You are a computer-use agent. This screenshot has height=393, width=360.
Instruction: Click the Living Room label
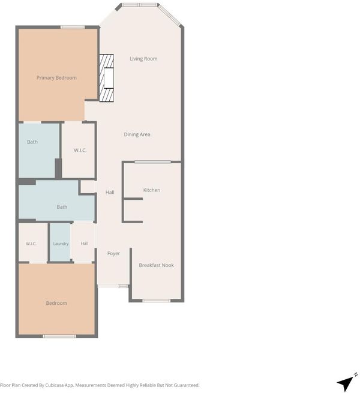pyautogui.click(x=143, y=59)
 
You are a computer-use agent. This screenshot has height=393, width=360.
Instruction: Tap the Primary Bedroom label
pyautogui.click(x=56, y=77)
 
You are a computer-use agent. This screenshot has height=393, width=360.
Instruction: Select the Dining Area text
pyautogui.click(x=137, y=134)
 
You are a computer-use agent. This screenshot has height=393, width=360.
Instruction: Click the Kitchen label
pyautogui.click(x=152, y=190)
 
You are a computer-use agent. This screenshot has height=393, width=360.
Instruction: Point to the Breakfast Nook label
pyautogui.click(x=157, y=265)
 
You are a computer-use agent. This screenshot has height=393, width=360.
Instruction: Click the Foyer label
pyautogui.click(x=113, y=253)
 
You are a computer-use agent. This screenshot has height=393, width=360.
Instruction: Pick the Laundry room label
pyautogui.click(x=61, y=244)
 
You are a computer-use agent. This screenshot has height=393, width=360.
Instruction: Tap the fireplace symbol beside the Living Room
pyautogui.click(x=107, y=78)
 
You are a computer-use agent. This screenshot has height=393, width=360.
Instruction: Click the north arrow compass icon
pyautogui.click(x=346, y=382)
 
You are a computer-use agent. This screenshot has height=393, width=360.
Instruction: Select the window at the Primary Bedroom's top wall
pyautogui.click(x=73, y=27)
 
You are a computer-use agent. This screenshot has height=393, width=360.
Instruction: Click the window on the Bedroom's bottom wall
pyautogui.click(x=59, y=336)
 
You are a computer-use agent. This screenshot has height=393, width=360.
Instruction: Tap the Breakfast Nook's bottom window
pyautogui.click(x=157, y=301)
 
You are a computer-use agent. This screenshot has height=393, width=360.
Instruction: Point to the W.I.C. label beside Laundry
pyautogui.click(x=31, y=244)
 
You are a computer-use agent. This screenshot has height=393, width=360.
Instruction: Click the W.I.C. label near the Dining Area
pyautogui.click(x=80, y=151)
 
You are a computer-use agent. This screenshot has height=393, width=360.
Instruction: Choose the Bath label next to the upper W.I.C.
pyautogui.click(x=32, y=142)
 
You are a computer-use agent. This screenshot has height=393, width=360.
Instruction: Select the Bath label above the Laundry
pyautogui.click(x=62, y=207)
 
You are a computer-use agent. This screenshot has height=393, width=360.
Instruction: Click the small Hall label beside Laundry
pyautogui.click(x=85, y=244)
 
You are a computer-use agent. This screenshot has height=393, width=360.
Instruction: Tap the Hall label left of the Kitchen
pyautogui.click(x=110, y=192)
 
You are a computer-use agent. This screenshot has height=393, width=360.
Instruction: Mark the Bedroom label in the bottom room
pyautogui.click(x=56, y=303)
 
